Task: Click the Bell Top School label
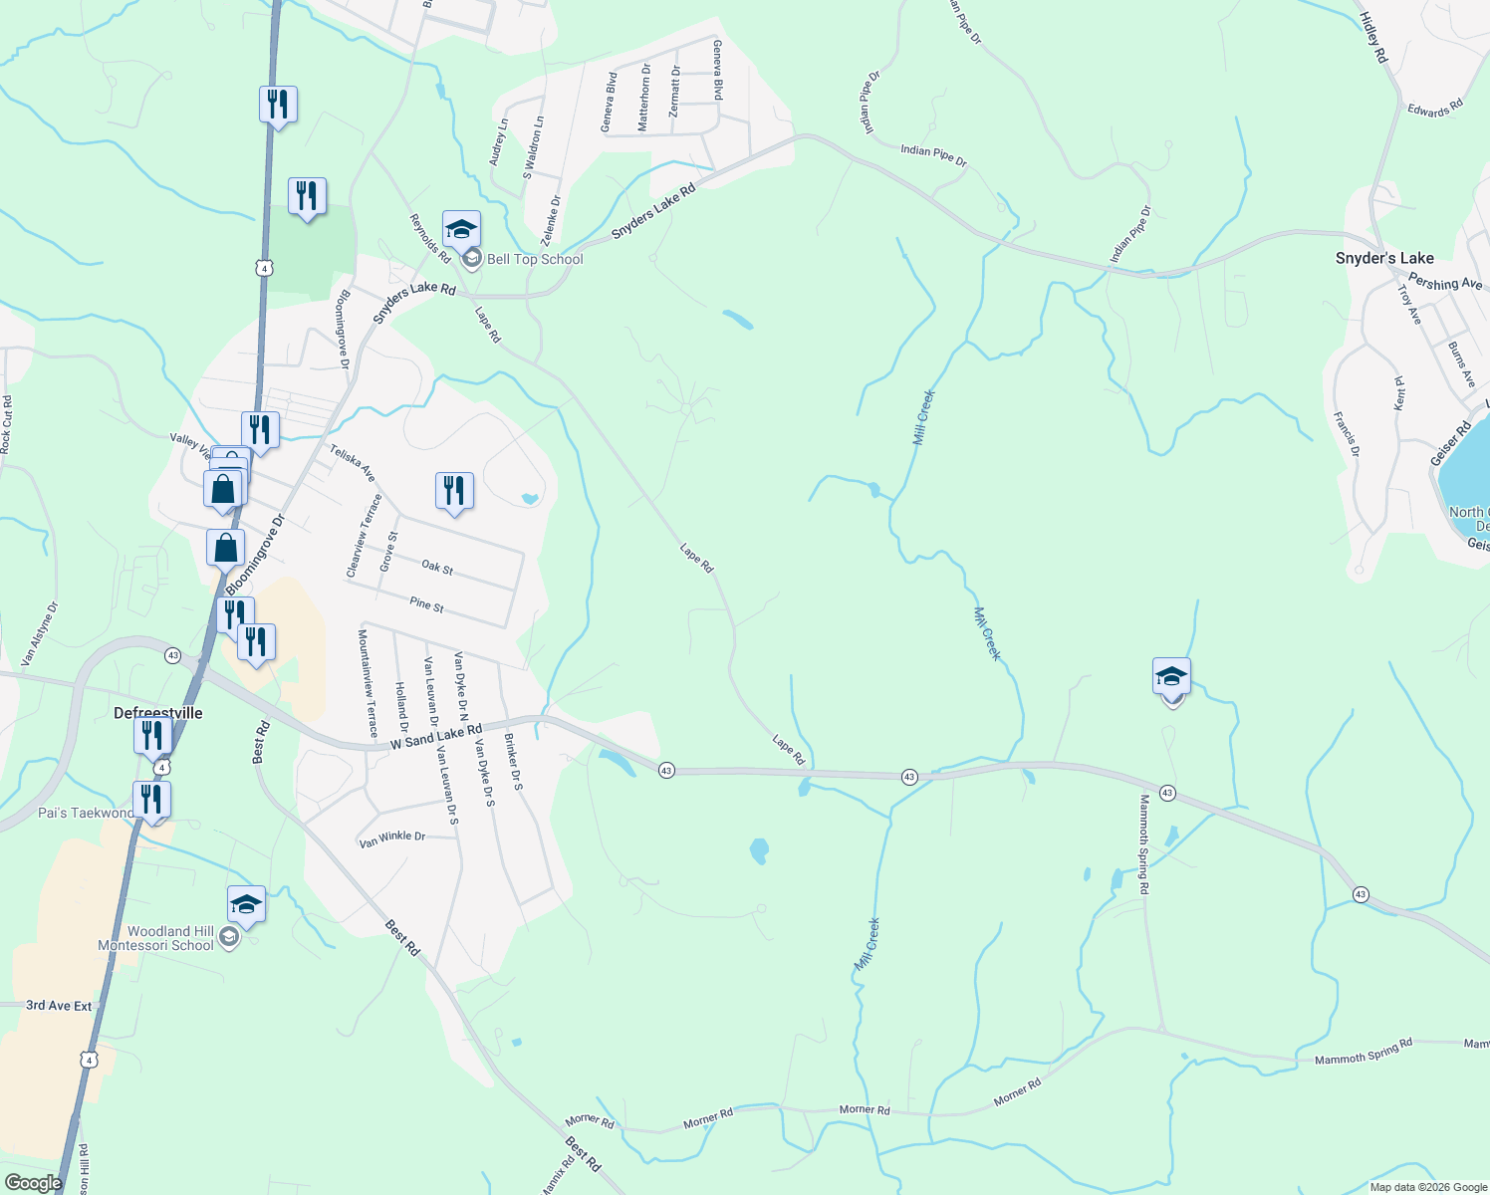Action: [535, 259]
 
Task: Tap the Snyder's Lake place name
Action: [1384, 258]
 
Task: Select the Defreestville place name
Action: [158, 713]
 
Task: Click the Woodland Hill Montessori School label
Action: [156, 938]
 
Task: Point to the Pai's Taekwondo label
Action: [85, 813]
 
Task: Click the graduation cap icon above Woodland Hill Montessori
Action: [246, 905]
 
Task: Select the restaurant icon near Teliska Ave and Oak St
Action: [454, 491]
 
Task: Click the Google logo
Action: [33, 1182]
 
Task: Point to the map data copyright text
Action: [1427, 1187]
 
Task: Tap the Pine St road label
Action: [426, 603]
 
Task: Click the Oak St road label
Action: [437, 568]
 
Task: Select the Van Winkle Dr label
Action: [392, 839]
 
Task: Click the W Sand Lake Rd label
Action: [436, 738]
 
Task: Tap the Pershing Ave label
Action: [1444, 284]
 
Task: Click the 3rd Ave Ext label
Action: [59, 1006]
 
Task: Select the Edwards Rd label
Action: [1435, 108]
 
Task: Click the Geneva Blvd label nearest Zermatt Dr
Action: [716, 70]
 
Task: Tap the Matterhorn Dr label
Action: [644, 98]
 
